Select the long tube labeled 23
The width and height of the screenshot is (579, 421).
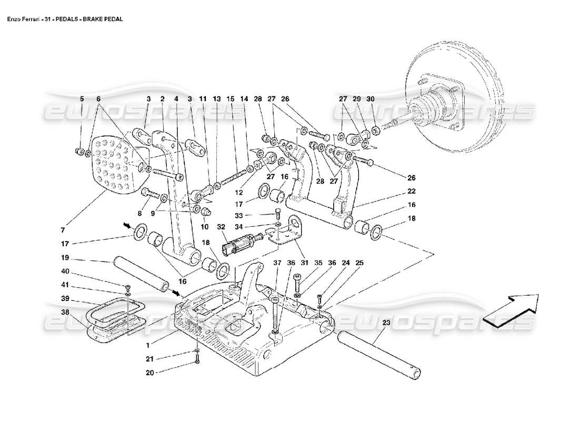[379, 355]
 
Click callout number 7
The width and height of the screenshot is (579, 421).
[62, 229]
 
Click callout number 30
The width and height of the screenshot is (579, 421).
[370, 98]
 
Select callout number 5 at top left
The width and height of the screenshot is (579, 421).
[82, 98]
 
